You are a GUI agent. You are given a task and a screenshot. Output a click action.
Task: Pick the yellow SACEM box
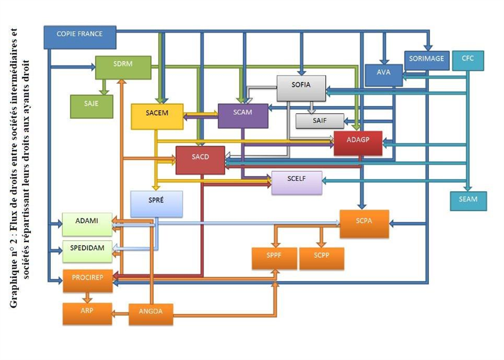click(x=157, y=115)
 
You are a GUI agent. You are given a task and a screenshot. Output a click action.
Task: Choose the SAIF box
click(x=320, y=120)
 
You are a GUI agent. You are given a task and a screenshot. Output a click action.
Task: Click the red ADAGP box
click(x=358, y=143)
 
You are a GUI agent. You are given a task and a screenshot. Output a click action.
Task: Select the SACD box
click(x=200, y=160)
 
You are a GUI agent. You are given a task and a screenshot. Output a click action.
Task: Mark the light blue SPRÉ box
click(x=157, y=203)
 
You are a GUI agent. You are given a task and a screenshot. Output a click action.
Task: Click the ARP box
click(x=87, y=313)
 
